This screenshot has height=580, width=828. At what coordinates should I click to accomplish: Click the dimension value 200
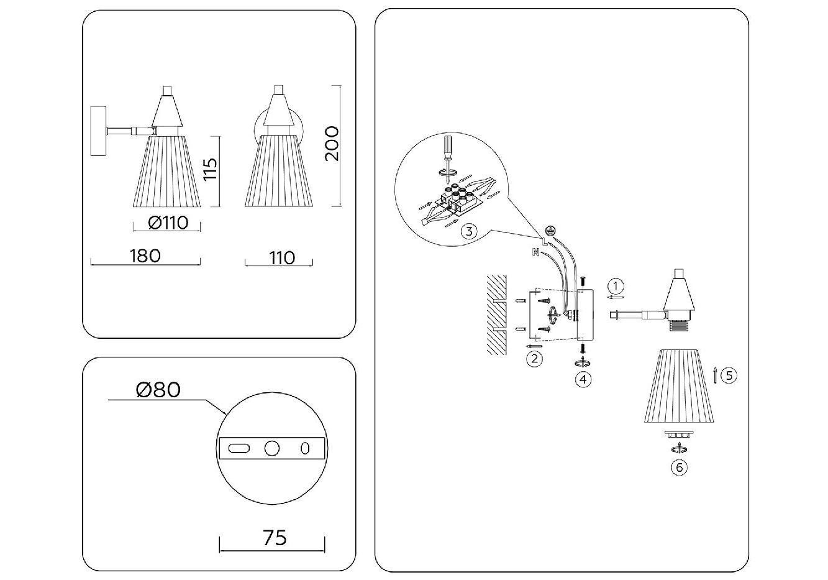point(333,144)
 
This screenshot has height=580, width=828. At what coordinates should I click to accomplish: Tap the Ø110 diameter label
point(168,223)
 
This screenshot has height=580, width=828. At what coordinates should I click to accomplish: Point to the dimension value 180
point(145,255)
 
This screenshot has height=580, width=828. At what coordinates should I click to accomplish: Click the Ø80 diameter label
point(158,390)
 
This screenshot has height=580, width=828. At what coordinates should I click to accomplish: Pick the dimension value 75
point(274,537)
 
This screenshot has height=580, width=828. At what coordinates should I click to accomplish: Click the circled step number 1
point(615,286)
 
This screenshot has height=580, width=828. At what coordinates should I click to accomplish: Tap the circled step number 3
point(470,232)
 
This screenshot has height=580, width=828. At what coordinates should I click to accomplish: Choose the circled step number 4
point(583,378)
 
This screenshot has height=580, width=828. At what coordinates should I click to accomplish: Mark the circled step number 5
point(729,375)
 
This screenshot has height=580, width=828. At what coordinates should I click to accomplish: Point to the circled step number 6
point(680,467)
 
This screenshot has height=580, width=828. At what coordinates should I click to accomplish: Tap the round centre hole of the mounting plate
point(272,448)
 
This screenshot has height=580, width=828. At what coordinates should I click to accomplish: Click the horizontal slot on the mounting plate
point(239,448)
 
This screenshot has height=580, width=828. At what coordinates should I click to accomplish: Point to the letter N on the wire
point(535,252)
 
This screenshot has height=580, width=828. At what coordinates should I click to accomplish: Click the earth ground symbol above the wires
point(549,229)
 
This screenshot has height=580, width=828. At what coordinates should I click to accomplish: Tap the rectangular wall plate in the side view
point(99,131)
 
